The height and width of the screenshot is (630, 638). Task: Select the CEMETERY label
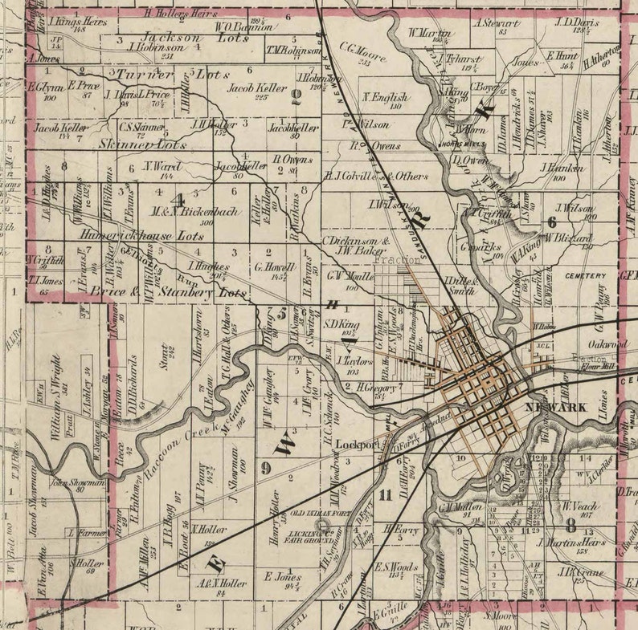(585, 275)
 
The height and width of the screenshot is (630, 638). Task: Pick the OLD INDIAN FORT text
(320, 513)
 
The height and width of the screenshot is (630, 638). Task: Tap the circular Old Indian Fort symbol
(322, 525)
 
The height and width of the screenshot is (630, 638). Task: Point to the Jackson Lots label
(171, 37)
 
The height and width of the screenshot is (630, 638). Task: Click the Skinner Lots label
(128, 144)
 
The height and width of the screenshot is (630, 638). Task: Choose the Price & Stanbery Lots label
(168, 294)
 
